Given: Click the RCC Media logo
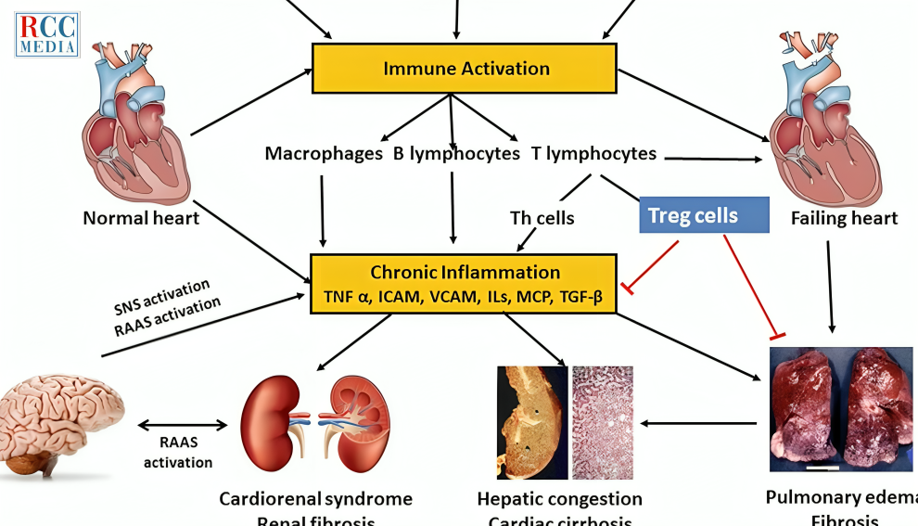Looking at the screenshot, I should point(46,34).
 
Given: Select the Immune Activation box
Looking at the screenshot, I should point(465,69).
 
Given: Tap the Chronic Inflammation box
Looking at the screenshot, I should point(465,284).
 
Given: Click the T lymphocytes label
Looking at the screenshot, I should point(594,153).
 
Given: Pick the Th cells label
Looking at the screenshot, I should point(542,218).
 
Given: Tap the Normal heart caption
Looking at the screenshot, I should point(141,218).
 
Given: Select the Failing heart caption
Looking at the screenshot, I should point(844,218).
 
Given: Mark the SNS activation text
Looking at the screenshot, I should point(163,292).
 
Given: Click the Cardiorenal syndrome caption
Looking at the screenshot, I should point(315,499).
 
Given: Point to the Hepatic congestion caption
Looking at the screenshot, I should point(559,499).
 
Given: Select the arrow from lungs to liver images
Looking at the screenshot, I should point(700,424).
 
